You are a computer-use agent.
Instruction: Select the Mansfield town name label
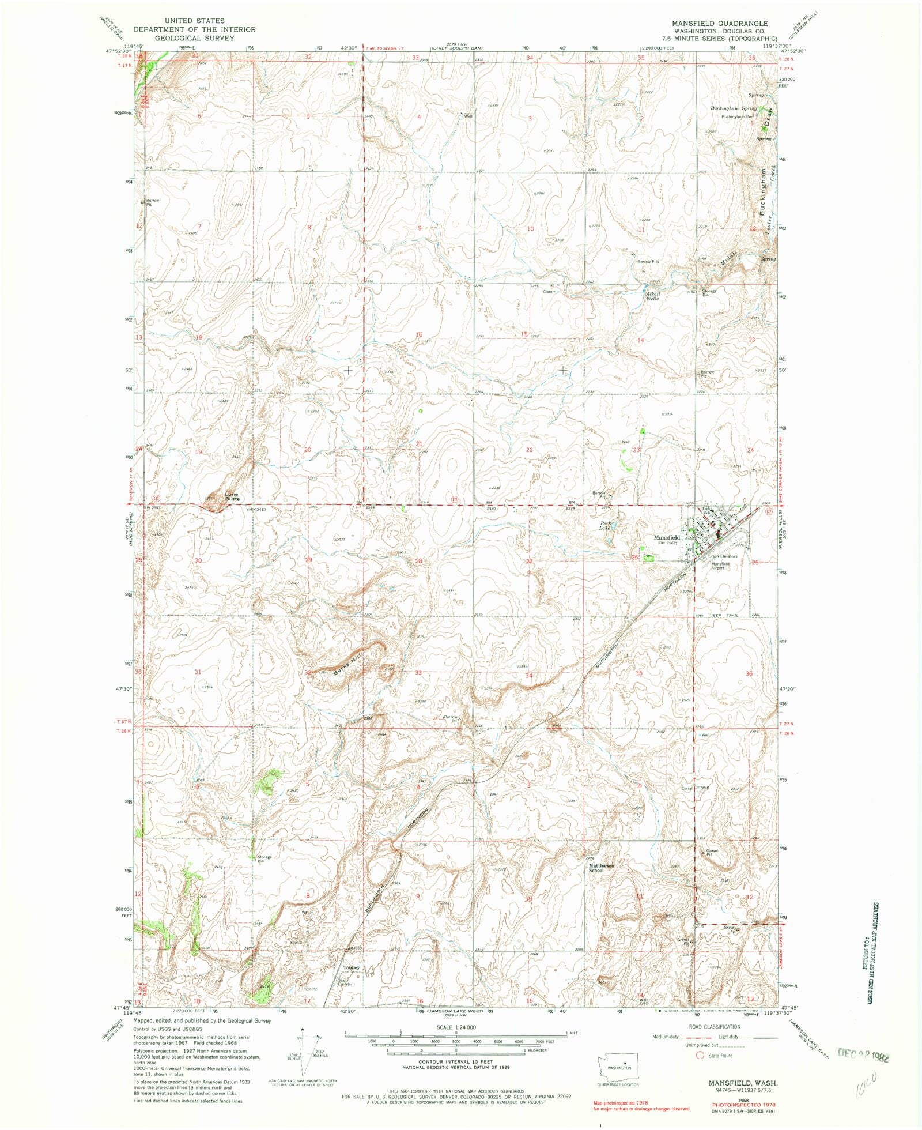coord(667,537)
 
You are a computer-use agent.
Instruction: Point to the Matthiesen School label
coord(601,868)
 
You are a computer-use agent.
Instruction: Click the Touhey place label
coord(351,967)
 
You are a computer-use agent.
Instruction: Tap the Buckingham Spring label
coord(733,108)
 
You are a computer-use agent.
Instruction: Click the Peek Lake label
coord(604,525)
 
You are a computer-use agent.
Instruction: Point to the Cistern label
coord(549,292)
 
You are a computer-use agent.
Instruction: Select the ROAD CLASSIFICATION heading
coord(715,1027)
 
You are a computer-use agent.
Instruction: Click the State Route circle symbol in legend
coord(701,1056)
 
